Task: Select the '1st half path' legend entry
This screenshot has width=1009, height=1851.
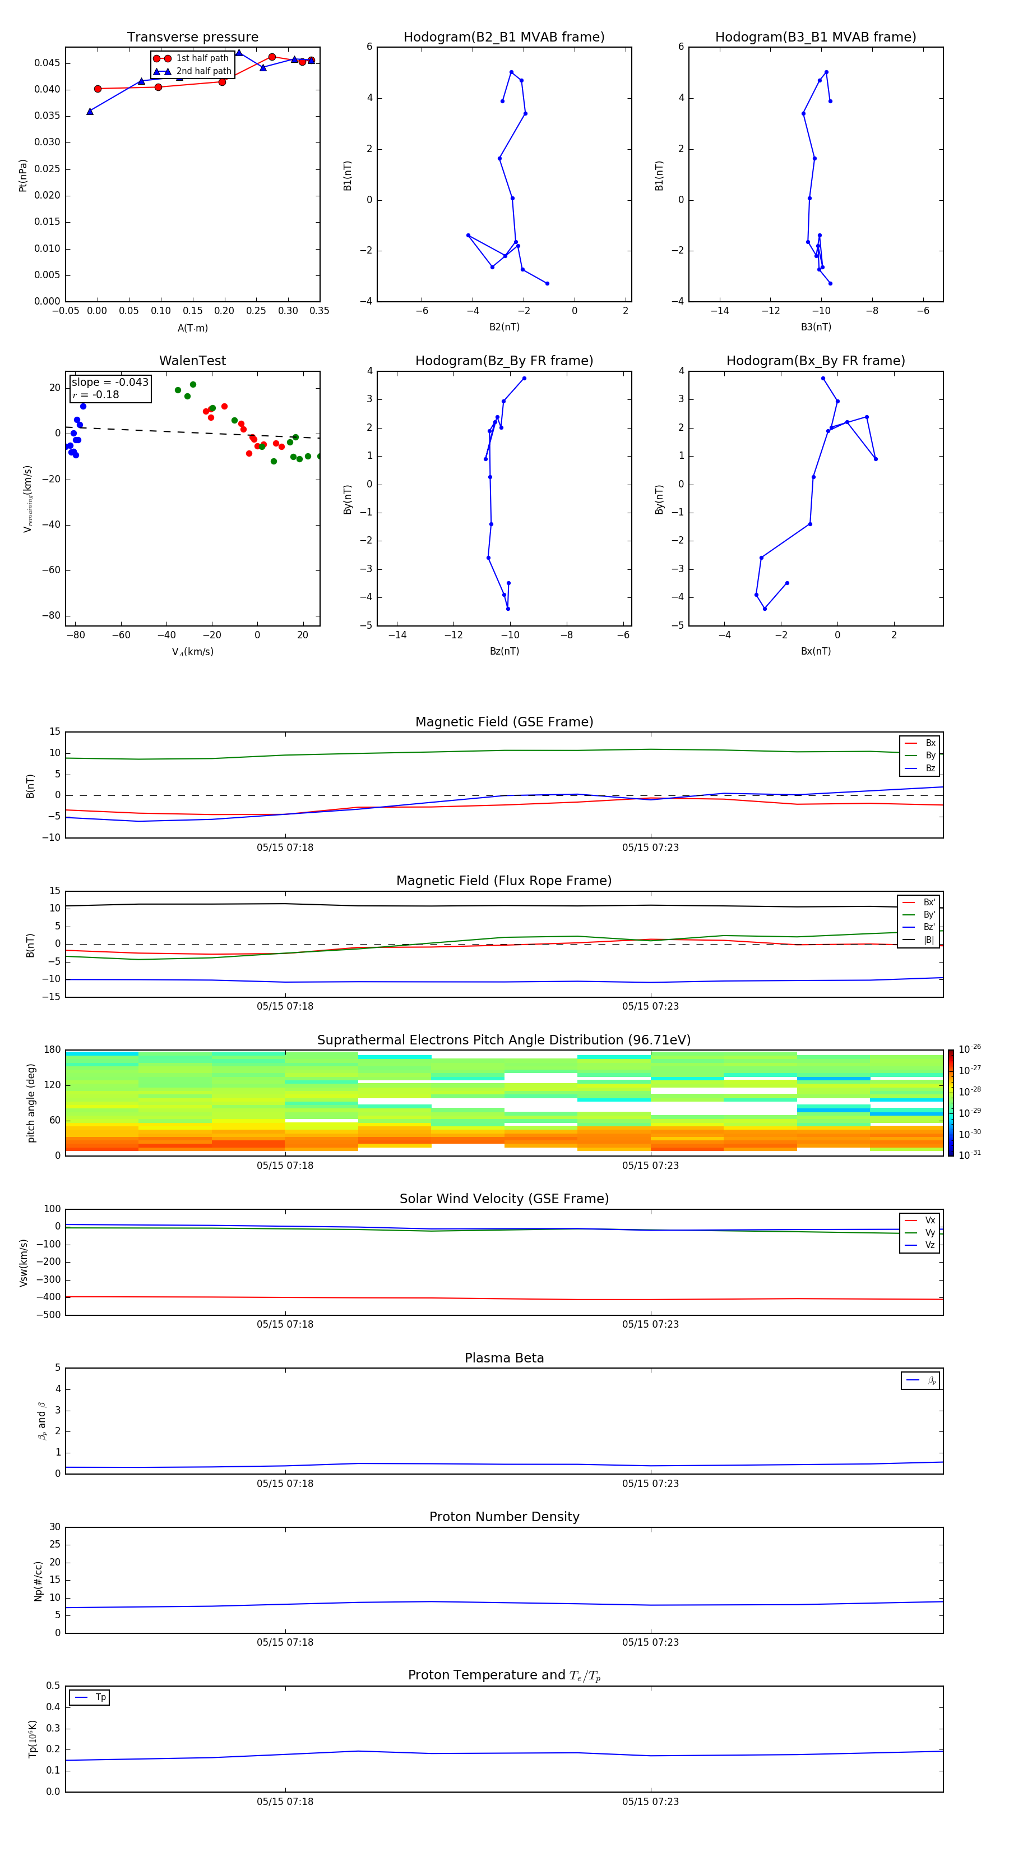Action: coord(202,58)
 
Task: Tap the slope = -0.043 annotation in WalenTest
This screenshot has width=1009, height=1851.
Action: coord(110,383)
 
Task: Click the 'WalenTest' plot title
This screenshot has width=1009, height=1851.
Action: coord(192,361)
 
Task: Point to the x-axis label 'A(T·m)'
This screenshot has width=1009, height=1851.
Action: coord(192,328)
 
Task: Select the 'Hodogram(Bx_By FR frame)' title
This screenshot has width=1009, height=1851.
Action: coord(815,361)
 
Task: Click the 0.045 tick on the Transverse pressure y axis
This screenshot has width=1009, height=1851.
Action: coord(48,63)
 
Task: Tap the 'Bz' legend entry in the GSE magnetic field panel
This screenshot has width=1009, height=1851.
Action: coord(930,768)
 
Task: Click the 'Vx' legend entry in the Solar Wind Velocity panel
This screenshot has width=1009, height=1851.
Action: coord(929,1220)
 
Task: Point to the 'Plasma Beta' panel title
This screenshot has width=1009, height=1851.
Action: coord(504,1358)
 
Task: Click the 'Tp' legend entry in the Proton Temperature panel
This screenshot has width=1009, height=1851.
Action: coord(100,1697)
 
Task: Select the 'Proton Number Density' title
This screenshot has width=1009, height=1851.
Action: coord(504,1517)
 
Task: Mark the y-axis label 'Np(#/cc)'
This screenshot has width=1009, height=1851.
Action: coord(38,1581)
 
